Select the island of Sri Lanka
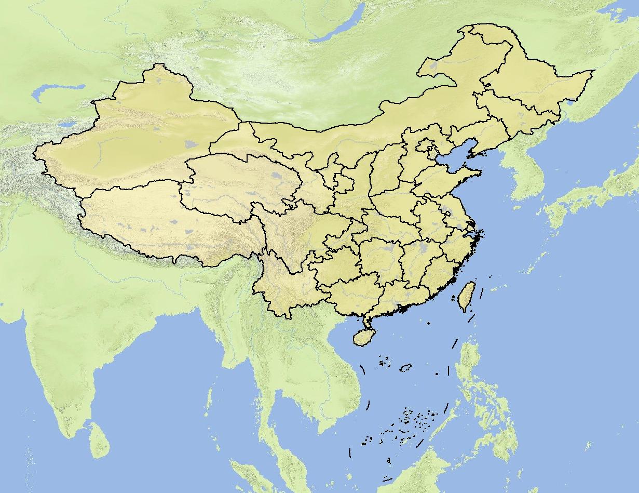pos(98,441)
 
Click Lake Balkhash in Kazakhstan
pos(57,92)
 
